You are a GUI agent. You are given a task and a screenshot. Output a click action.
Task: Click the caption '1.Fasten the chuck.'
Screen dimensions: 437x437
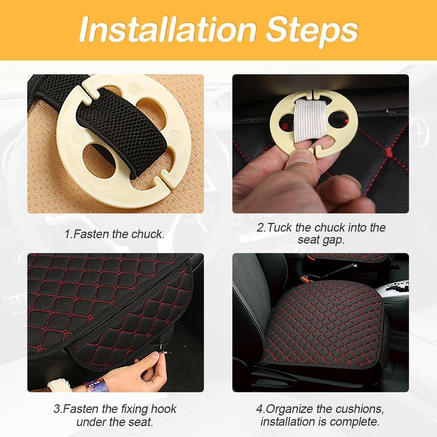(114, 234)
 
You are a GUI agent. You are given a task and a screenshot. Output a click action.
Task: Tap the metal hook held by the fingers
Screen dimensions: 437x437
(160, 353)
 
